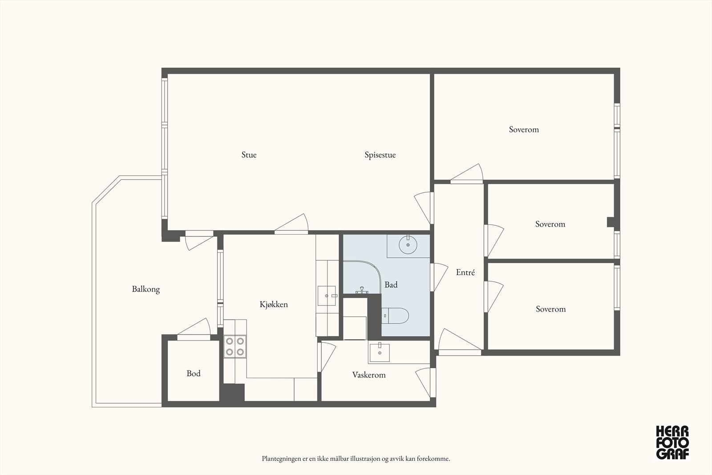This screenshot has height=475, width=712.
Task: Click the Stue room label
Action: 249,155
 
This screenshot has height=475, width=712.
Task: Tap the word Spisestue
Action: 380,155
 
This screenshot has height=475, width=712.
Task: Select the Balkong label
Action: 146,289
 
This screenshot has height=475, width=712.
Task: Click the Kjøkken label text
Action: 274,304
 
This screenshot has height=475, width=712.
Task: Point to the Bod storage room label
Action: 194,373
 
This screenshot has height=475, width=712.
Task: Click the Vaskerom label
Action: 369,375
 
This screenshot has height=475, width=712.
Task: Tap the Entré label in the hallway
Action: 465,272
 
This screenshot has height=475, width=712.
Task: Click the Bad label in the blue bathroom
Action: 391,284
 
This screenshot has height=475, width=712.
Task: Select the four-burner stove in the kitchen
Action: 235,346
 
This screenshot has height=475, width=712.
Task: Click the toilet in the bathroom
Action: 395,316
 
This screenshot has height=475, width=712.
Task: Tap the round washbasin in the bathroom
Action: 408,245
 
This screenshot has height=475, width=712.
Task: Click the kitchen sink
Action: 327,296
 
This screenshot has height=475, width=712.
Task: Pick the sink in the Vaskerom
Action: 379,353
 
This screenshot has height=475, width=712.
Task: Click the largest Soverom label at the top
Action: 524,130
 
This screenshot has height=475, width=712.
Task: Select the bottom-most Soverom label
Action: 551,309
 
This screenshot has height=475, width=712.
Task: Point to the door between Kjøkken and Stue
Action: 291,224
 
